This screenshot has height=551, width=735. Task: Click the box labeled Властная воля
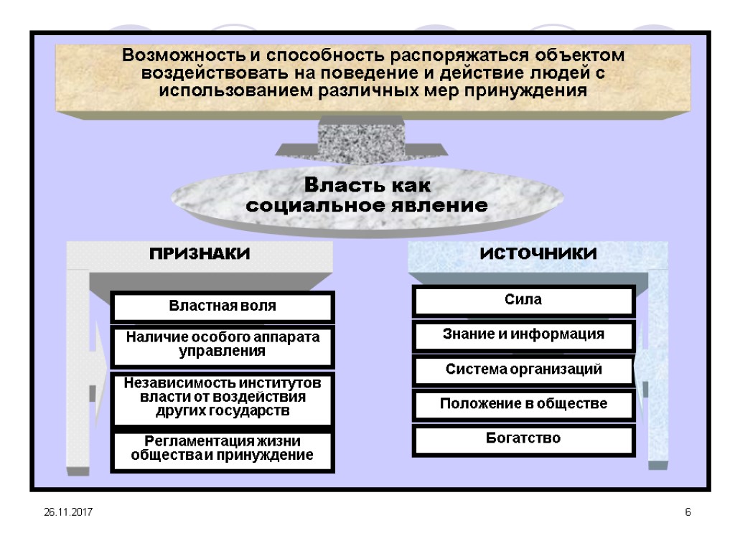[222, 306]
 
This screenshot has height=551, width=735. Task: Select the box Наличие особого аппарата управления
[222, 345]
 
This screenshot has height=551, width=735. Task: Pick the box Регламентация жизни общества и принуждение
[222, 448]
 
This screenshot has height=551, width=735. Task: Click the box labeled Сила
[523, 301]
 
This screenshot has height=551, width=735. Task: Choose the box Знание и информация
[523, 335]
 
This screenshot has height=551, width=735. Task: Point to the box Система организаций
[523, 370]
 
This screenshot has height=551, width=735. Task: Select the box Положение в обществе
[523, 405]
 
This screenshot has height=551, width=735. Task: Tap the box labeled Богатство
[523, 439]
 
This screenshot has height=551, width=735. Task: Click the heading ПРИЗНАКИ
[200, 254]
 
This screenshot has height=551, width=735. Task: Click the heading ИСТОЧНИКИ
[538, 254]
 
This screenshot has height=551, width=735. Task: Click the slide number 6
[688, 512]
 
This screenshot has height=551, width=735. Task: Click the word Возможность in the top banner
[177, 55]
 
